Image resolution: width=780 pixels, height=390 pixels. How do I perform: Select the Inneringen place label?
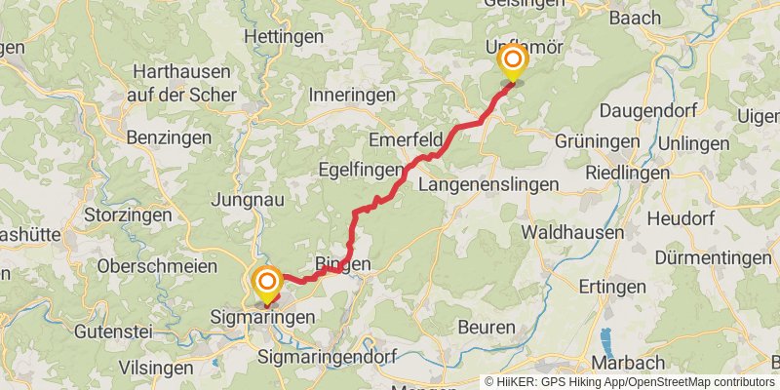pyautogui.click(x=351, y=96)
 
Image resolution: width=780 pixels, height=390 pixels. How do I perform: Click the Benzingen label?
pyautogui.click(x=168, y=137)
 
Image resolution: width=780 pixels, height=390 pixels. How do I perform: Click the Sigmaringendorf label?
pyautogui.click(x=327, y=358)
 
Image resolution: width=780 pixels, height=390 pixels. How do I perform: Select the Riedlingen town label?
pyautogui.click(x=628, y=173)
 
